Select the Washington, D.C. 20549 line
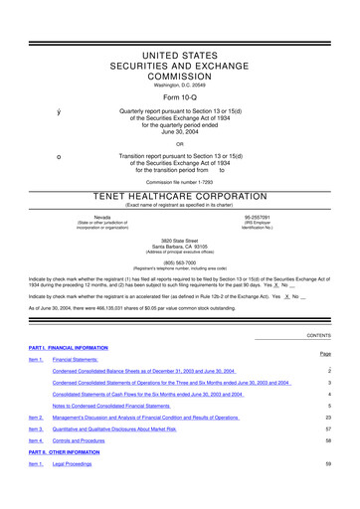180,56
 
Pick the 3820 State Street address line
180,213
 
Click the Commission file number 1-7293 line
180,154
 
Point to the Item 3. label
36,428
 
